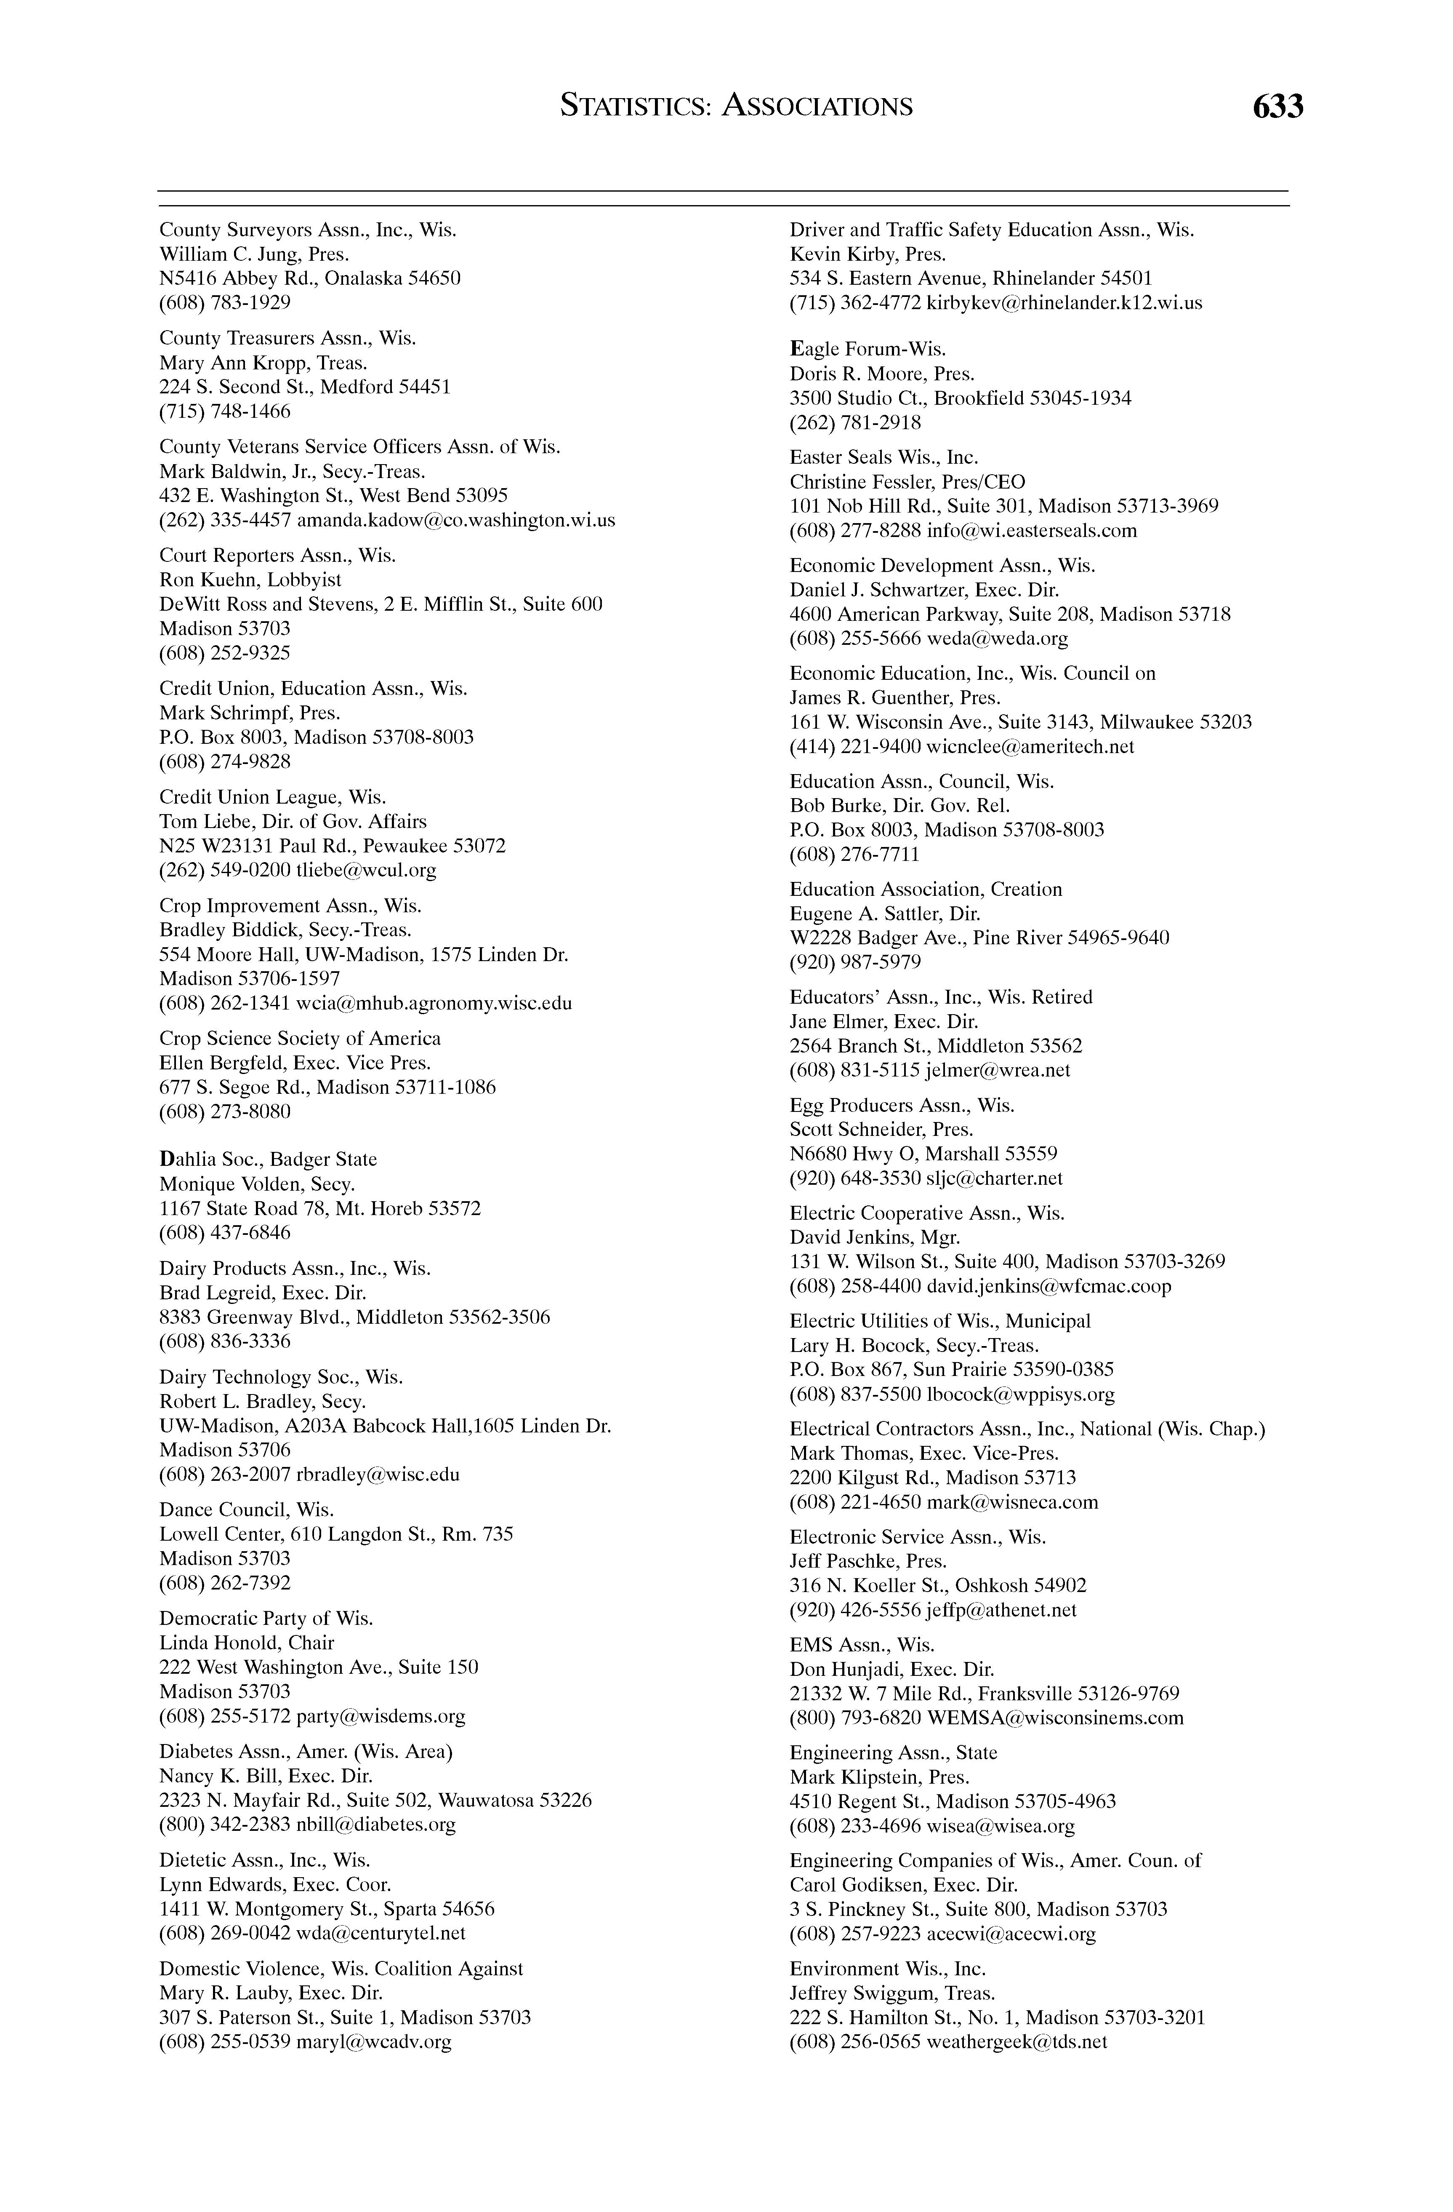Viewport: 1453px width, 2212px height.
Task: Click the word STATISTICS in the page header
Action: tap(633, 107)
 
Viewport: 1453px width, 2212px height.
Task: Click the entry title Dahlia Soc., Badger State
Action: tap(269, 1159)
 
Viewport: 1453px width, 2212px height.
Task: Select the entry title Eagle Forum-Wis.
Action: tap(868, 350)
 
